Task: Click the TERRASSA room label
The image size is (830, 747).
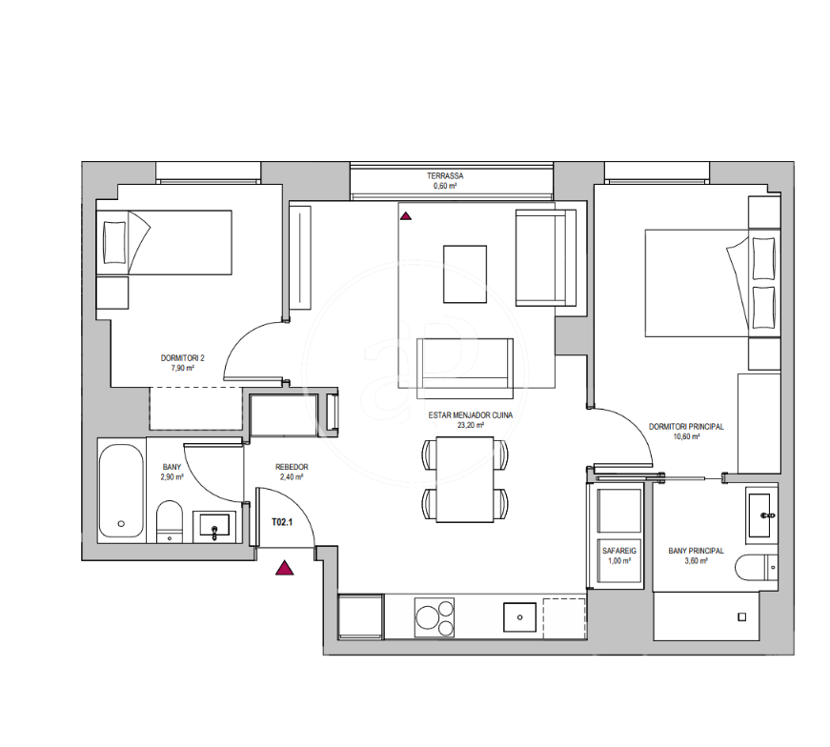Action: pyautogui.click(x=445, y=175)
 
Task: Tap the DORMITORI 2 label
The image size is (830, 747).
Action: pyautogui.click(x=183, y=358)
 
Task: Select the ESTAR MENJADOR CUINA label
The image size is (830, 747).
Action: pyautogui.click(x=471, y=415)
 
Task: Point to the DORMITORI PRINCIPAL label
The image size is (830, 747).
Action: pyautogui.click(x=686, y=427)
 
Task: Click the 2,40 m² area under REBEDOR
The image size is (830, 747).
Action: pyautogui.click(x=292, y=477)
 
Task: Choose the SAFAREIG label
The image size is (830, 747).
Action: pyautogui.click(x=619, y=551)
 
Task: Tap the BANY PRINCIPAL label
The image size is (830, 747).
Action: pyautogui.click(x=696, y=551)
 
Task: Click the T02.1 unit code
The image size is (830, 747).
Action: pyautogui.click(x=282, y=522)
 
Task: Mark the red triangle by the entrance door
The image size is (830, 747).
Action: pyautogui.click(x=285, y=568)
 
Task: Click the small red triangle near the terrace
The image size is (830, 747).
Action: pyautogui.click(x=406, y=216)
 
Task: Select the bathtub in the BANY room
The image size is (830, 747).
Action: pyautogui.click(x=121, y=491)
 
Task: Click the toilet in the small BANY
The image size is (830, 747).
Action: pyautogui.click(x=170, y=521)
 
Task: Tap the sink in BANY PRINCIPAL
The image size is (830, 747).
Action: pyautogui.click(x=761, y=515)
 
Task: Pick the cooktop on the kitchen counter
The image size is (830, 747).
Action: pyautogui.click(x=435, y=617)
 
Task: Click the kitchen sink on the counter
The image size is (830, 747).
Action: pyautogui.click(x=519, y=617)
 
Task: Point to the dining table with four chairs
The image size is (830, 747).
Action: pyautogui.click(x=465, y=479)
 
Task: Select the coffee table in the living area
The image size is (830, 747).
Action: pyautogui.click(x=465, y=274)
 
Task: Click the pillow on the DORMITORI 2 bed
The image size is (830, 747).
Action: pyautogui.click(x=115, y=242)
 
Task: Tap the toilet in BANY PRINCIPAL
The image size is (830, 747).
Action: pyautogui.click(x=757, y=568)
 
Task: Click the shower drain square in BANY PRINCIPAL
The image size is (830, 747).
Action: pyautogui.click(x=742, y=617)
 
